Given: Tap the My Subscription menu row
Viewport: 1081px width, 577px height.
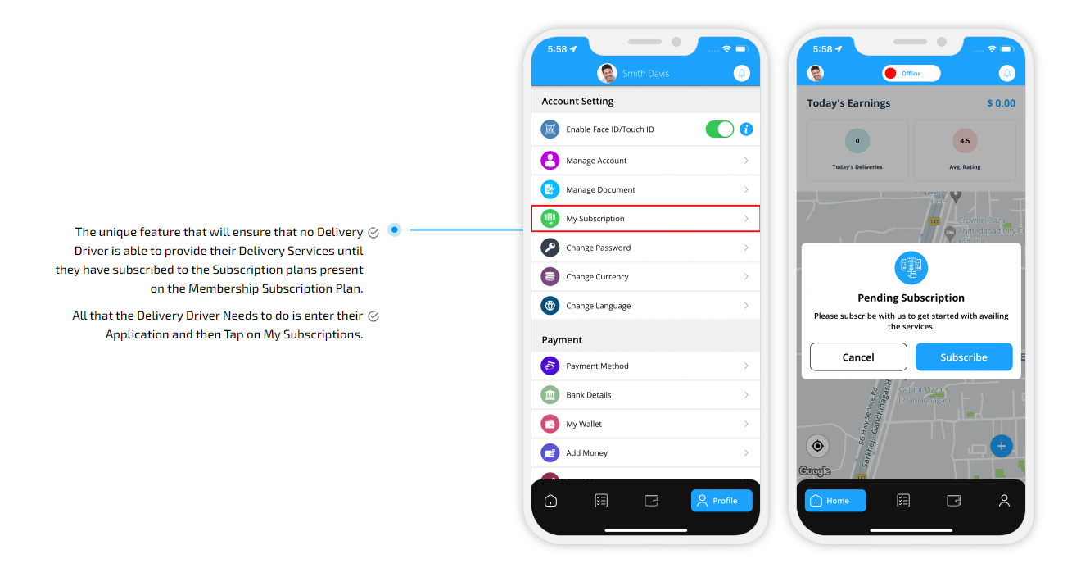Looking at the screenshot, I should [645, 219].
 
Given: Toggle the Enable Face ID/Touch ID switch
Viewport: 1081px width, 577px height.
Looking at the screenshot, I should [720, 129].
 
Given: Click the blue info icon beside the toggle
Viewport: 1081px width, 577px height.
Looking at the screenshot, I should [746, 129].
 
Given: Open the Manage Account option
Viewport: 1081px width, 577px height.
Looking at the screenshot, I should [645, 161].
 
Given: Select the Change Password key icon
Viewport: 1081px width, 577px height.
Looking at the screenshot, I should [550, 248].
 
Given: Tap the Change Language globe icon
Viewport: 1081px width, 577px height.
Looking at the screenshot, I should [550, 306].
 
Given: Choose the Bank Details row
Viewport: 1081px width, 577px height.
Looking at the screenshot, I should [645, 395].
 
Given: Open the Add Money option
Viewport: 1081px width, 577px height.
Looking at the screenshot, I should [645, 453].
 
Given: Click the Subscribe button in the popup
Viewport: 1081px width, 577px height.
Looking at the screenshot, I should [964, 357].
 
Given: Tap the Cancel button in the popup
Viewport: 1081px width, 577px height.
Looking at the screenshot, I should [858, 357].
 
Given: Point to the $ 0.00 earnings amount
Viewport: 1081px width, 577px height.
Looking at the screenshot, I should [1001, 103].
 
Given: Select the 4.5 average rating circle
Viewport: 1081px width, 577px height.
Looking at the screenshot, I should [965, 141].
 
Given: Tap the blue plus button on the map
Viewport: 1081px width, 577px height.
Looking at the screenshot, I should [1002, 446].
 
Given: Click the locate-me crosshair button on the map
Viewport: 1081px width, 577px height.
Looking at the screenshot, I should [817, 446].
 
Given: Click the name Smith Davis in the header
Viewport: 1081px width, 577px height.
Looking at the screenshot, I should [645, 74].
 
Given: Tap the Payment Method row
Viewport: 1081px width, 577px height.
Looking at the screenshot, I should [645, 366].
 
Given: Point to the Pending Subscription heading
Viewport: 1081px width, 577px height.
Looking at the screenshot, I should [911, 298].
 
